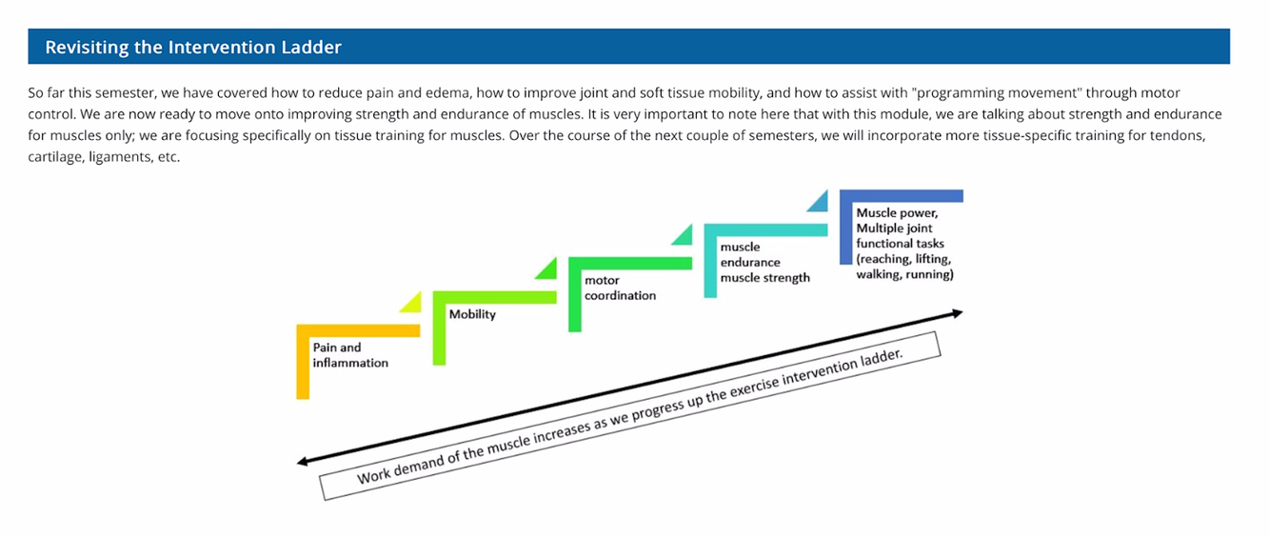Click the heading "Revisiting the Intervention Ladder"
point(193,47)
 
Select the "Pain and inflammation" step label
point(349,355)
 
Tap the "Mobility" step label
point(472,314)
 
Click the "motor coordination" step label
point(620,288)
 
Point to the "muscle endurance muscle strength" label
point(764,262)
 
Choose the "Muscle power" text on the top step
point(895,213)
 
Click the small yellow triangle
point(410,303)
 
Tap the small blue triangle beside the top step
point(819,202)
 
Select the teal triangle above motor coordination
point(683,234)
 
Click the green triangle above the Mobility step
point(546,268)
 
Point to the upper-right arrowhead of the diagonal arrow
point(957,312)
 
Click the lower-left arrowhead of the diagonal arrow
point(304,462)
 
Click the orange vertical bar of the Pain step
point(303,367)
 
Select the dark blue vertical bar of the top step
point(845,229)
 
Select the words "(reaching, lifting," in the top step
point(903,259)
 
